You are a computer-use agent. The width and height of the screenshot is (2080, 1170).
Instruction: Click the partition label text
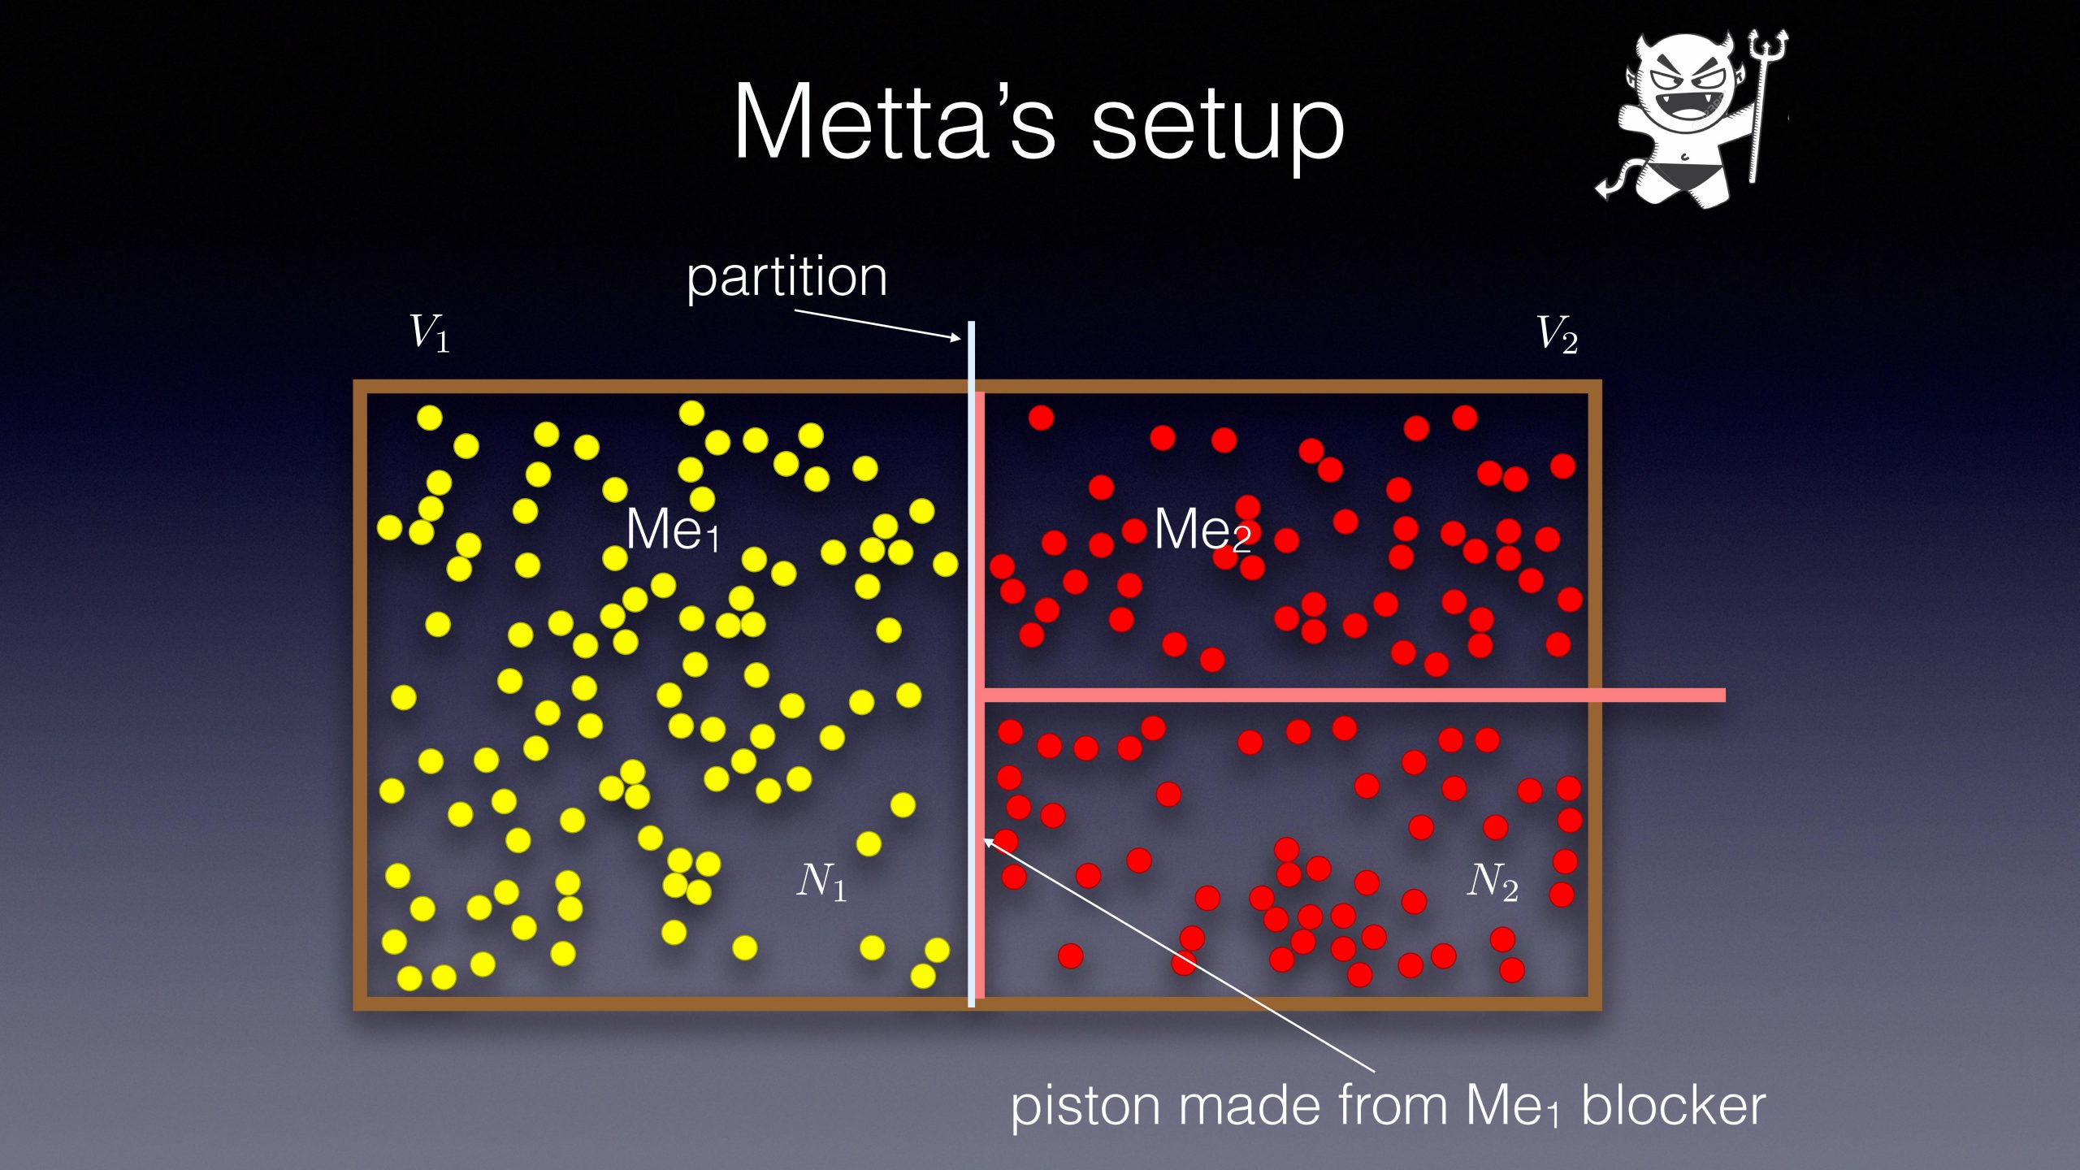pyautogui.click(x=786, y=279)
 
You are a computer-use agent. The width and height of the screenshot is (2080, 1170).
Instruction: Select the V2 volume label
pyautogui.click(x=1557, y=334)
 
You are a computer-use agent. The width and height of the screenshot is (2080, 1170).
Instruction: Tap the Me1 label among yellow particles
pyautogui.click(x=673, y=530)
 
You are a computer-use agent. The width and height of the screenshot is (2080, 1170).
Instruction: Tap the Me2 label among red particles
pyautogui.click(x=1202, y=530)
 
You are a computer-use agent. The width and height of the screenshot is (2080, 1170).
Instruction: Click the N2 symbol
pyautogui.click(x=1493, y=882)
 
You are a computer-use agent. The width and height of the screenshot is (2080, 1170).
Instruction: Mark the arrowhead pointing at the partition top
pyautogui.click(x=955, y=336)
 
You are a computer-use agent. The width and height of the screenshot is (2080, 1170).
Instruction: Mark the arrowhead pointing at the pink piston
pyautogui.click(x=990, y=843)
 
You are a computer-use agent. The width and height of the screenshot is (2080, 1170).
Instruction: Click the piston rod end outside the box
pyautogui.click(x=1723, y=695)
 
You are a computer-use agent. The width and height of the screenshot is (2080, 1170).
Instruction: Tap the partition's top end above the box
pyautogui.click(x=971, y=323)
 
